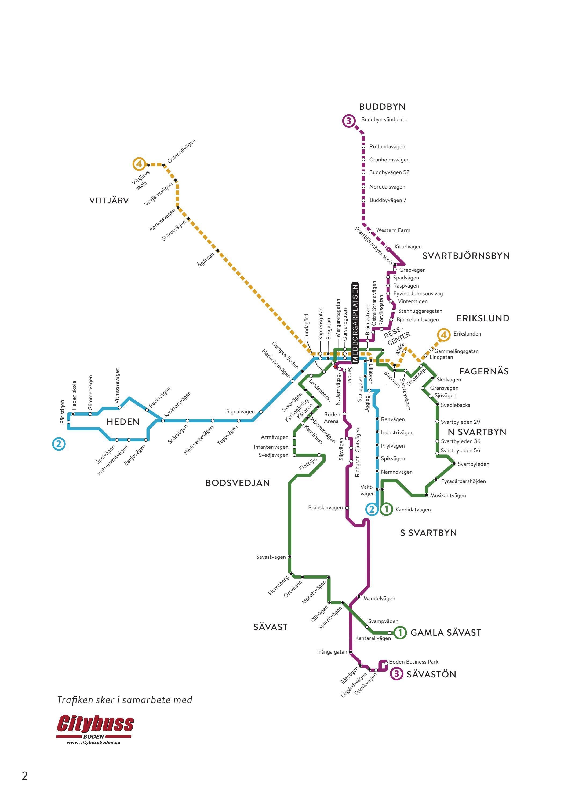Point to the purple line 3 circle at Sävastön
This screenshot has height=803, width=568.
click(x=396, y=674)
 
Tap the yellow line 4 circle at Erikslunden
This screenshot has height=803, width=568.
click(x=443, y=335)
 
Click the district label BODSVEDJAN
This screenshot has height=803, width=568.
click(x=238, y=483)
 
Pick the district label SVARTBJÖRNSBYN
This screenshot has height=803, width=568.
click(x=466, y=256)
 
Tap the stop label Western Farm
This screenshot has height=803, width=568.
click(x=393, y=230)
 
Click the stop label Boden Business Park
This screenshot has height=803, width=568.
click(x=414, y=662)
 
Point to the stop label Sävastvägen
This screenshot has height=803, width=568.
click(x=271, y=557)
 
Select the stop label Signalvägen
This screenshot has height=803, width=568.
click(x=241, y=412)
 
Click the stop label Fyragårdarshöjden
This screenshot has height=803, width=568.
click(x=463, y=481)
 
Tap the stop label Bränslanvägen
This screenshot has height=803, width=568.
click(x=325, y=507)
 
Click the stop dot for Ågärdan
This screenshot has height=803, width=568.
click(x=217, y=251)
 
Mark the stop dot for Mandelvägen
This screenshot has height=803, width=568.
click(x=358, y=597)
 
